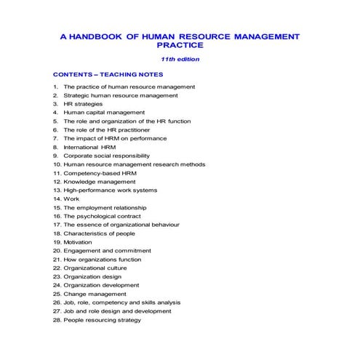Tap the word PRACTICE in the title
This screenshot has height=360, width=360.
click(180, 46)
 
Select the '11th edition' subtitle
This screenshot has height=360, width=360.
click(180, 60)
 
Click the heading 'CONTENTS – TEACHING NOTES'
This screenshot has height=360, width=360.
click(108, 75)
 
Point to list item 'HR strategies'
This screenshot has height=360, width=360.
click(83, 104)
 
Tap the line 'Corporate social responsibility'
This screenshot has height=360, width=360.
click(106, 156)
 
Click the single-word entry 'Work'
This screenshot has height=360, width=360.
click(71, 199)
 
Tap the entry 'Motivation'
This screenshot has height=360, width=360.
click(78, 242)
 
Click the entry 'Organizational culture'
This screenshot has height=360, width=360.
click(95, 268)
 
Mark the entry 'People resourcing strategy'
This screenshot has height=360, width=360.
click(102, 320)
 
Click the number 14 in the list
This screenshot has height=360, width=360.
click(57, 199)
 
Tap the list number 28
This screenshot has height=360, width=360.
click(57, 320)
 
